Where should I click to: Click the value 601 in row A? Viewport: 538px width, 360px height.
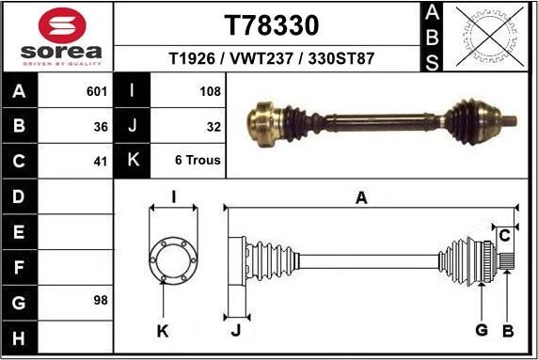(x=97, y=92)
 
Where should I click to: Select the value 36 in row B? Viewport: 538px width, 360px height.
(x=101, y=126)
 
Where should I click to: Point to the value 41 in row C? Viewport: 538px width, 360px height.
(x=101, y=161)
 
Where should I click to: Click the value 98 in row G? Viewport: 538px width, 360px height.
(x=101, y=301)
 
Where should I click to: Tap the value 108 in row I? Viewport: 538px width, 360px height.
(x=211, y=92)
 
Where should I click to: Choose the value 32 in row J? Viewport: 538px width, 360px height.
(x=214, y=126)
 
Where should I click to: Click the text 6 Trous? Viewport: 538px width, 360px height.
(x=198, y=161)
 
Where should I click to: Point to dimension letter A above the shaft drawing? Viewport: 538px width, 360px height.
(x=360, y=196)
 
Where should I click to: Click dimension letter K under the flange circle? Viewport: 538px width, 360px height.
(x=162, y=331)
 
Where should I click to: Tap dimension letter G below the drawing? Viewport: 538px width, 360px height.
(x=481, y=330)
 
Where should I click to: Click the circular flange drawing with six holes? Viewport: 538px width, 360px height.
(x=172, y=258)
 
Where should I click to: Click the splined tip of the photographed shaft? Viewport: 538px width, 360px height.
(x=509, y=120)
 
